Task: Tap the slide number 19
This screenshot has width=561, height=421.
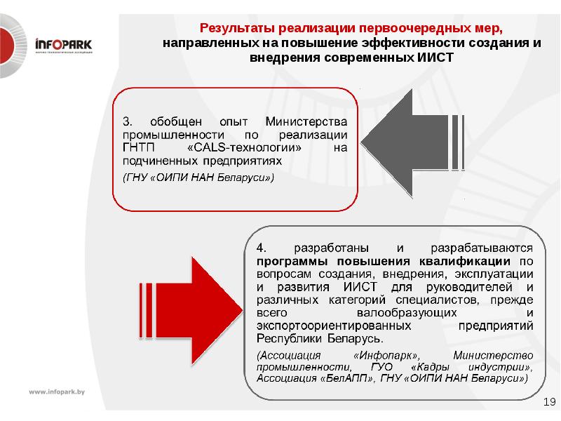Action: (x=549, y=402)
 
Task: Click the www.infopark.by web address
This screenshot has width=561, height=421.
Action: (x=56, y=392)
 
